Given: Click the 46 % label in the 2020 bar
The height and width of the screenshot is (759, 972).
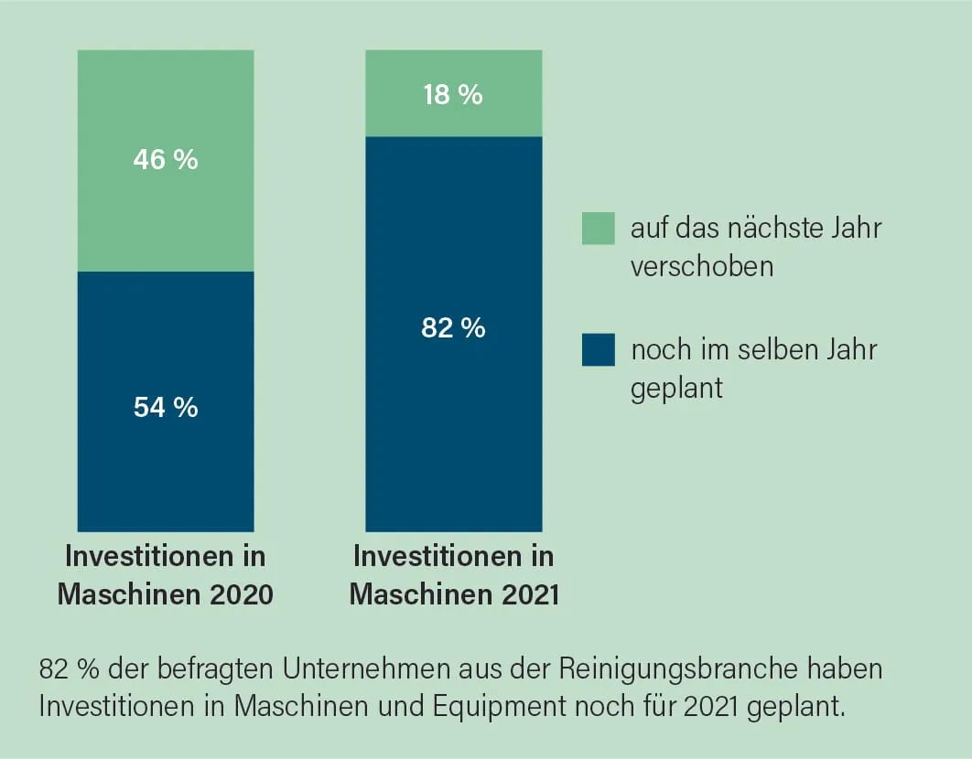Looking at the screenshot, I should (166, 160).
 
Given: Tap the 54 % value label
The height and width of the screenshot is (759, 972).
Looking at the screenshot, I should (166, 407).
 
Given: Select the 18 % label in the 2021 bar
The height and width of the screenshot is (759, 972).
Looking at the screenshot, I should (453, 94).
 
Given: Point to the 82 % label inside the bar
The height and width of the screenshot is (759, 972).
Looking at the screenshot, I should (453, 328).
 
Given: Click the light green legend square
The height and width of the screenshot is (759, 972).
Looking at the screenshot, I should (598, 229).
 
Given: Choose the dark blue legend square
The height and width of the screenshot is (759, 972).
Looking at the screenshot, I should (598, 349).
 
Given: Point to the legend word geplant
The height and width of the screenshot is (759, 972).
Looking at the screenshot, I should (676, 388).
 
